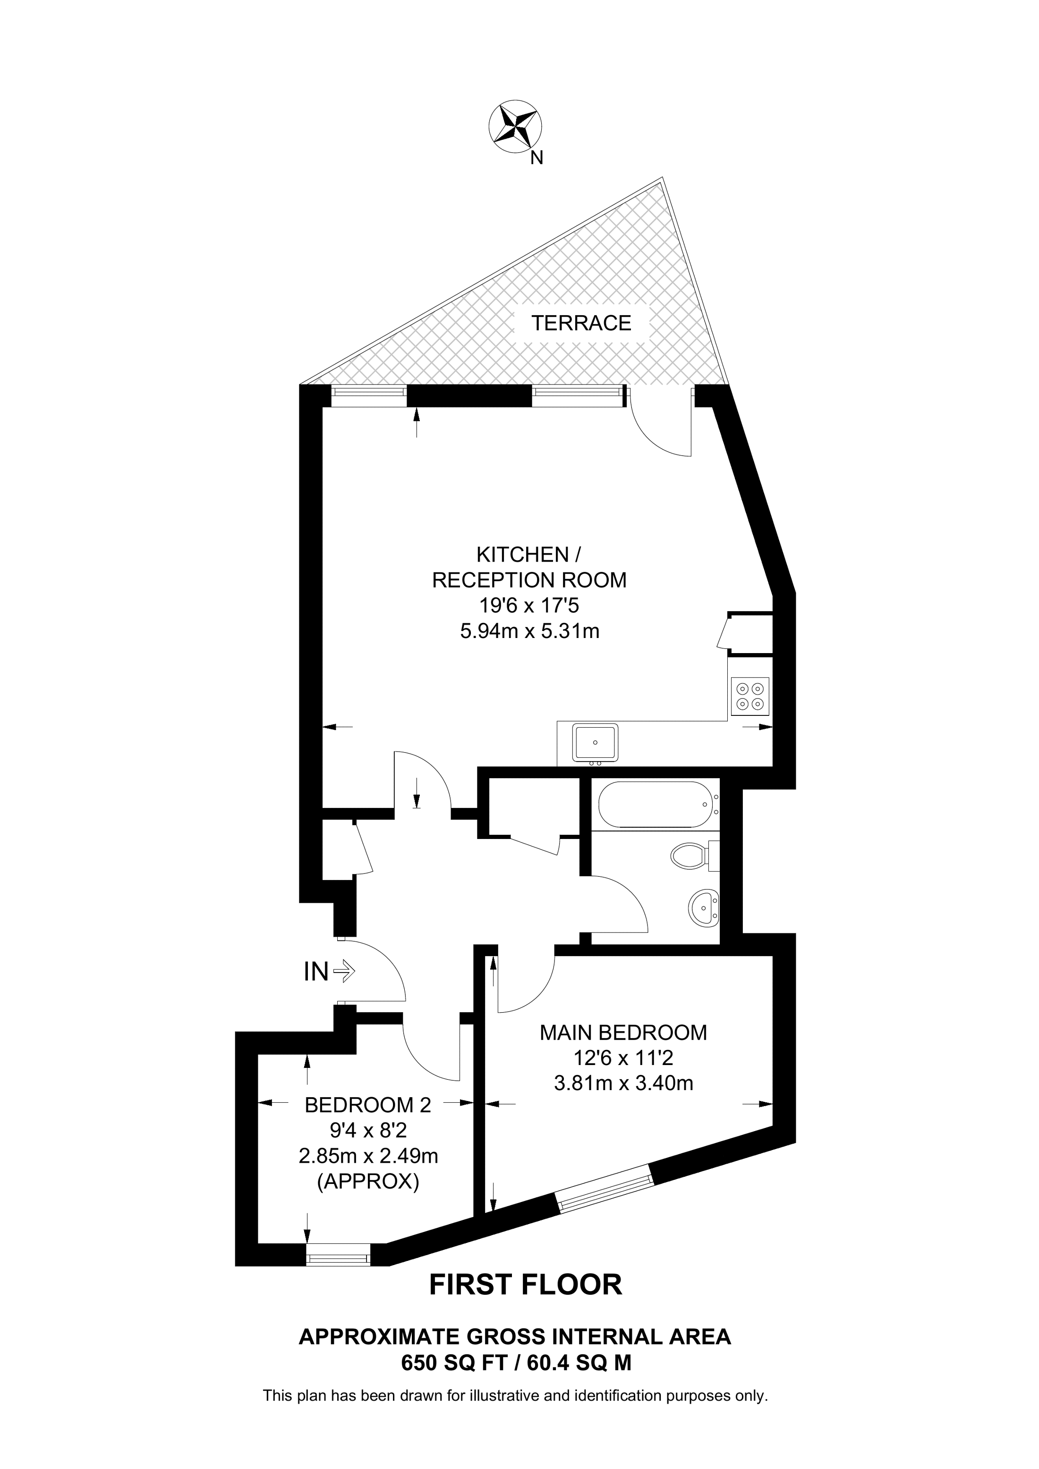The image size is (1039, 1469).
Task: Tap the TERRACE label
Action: [x=581, y=323]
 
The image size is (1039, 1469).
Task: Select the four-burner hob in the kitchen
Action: [x=749, y=696]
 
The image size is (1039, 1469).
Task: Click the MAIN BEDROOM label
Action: [x=623, y=1032]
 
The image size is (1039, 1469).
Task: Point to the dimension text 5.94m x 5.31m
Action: [x=530, y=631]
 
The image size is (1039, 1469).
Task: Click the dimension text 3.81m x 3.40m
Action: [x=623, y=1083]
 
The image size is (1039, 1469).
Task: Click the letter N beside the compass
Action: [x=537, y=158]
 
